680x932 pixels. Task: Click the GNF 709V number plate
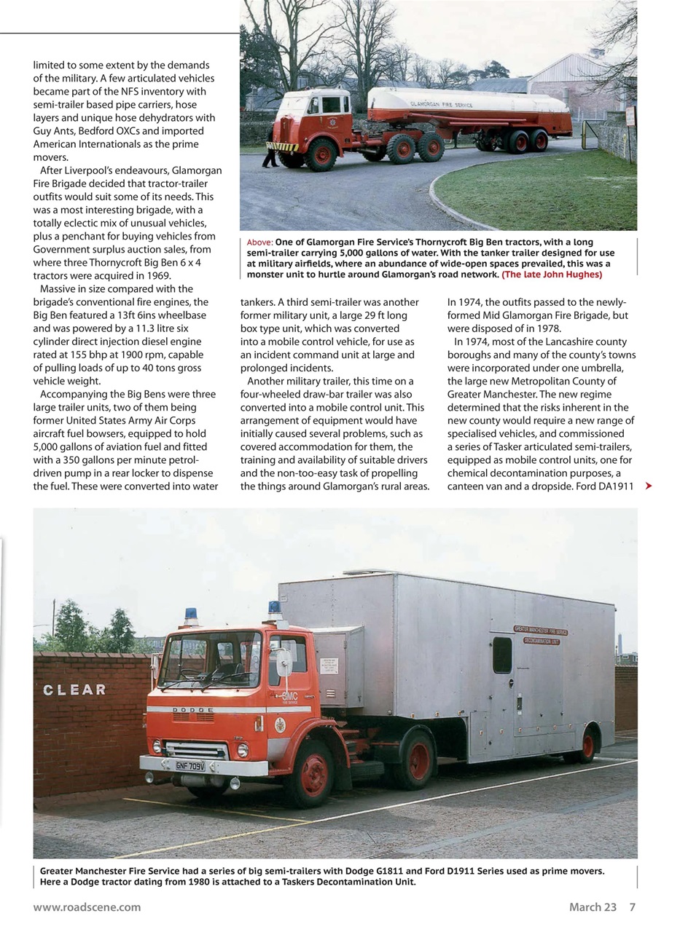click(x=189, y=766)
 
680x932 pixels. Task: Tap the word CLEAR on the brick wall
click(x=74, y=690)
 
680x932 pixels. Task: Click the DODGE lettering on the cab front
click(x=192, y=709)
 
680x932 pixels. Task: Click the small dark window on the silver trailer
click(x=502, y=655)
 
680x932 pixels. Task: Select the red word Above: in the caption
click(x=259, y=242)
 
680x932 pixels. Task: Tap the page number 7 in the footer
click(x=632, y=907)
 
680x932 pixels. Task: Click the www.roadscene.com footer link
click(x=87, y=907)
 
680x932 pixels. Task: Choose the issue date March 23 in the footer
click(x=593, y=907)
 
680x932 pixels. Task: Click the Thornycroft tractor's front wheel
click(x=320, y=154)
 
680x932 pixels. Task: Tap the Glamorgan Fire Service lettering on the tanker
click(x=442, y=105)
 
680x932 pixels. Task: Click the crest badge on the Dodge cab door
click(x=280, y=724)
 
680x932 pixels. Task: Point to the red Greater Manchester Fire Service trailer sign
click(x=541, y=631)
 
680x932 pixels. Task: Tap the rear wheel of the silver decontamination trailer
click(x=587, y=744)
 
